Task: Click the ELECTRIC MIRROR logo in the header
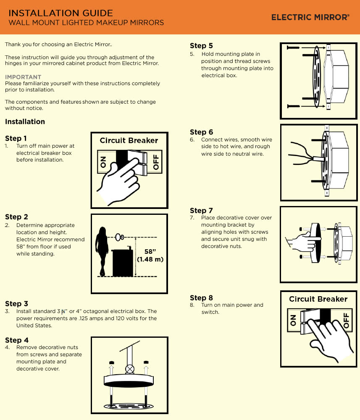point(310,17)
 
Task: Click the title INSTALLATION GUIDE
point(61,13)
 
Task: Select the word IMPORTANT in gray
point(23,77)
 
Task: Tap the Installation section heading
point(25,122)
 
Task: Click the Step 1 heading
point(16,138)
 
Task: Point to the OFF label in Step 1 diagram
point(156,162)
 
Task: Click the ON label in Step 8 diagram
point(293,321)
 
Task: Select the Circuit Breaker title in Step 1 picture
point(129,141)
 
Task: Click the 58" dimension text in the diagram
point(150,251)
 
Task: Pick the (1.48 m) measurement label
point(150,259)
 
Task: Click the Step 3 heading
point(16,304)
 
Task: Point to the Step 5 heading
point(201,46)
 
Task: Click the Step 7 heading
point(201,211)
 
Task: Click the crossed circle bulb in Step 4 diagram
point(130,370)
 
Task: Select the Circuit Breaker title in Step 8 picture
point(318,299)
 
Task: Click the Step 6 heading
point(201,132)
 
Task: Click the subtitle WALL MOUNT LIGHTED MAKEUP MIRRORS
point(87,23)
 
